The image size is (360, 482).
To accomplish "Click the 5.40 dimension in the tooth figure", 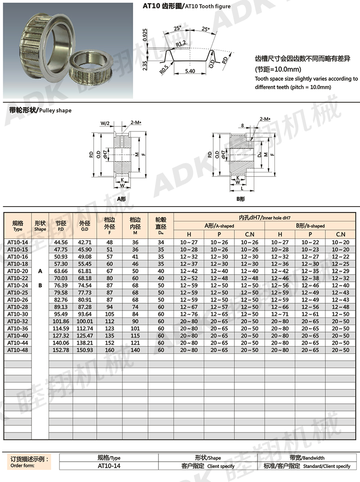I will click(x=189, y=71).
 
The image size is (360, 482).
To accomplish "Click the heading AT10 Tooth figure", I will click(x=186, y=6).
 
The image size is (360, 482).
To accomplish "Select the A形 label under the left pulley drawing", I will click(x=121, y=199).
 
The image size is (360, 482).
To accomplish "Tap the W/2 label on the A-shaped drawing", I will click(x=105, y=122).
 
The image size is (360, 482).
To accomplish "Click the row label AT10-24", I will click(x=18, y=285).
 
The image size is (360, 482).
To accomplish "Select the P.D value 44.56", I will click(x=61, y=242).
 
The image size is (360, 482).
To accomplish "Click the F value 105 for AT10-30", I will click(x=109, y=314).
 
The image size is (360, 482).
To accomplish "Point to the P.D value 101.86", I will click(x=61, y=321).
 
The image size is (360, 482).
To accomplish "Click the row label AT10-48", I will click(x=18, y=350).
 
